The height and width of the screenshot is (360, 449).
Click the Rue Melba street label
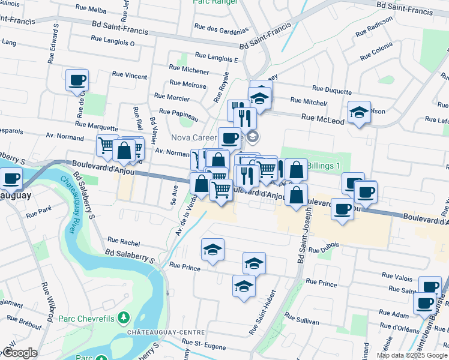pos(91,10)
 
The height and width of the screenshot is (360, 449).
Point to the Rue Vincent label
pos(130,76)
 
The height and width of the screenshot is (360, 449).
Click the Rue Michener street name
pos(189,71)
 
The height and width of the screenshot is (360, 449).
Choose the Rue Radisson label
pos(374,34)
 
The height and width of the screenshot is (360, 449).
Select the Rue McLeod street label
pos(323,120)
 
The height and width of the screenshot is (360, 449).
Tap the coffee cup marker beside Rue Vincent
pos(77,80)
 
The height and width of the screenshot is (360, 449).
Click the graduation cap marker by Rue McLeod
pos(359,112)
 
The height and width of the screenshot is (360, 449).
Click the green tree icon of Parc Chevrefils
pos(124,316)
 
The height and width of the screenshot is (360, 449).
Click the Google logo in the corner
pos(20,353)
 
